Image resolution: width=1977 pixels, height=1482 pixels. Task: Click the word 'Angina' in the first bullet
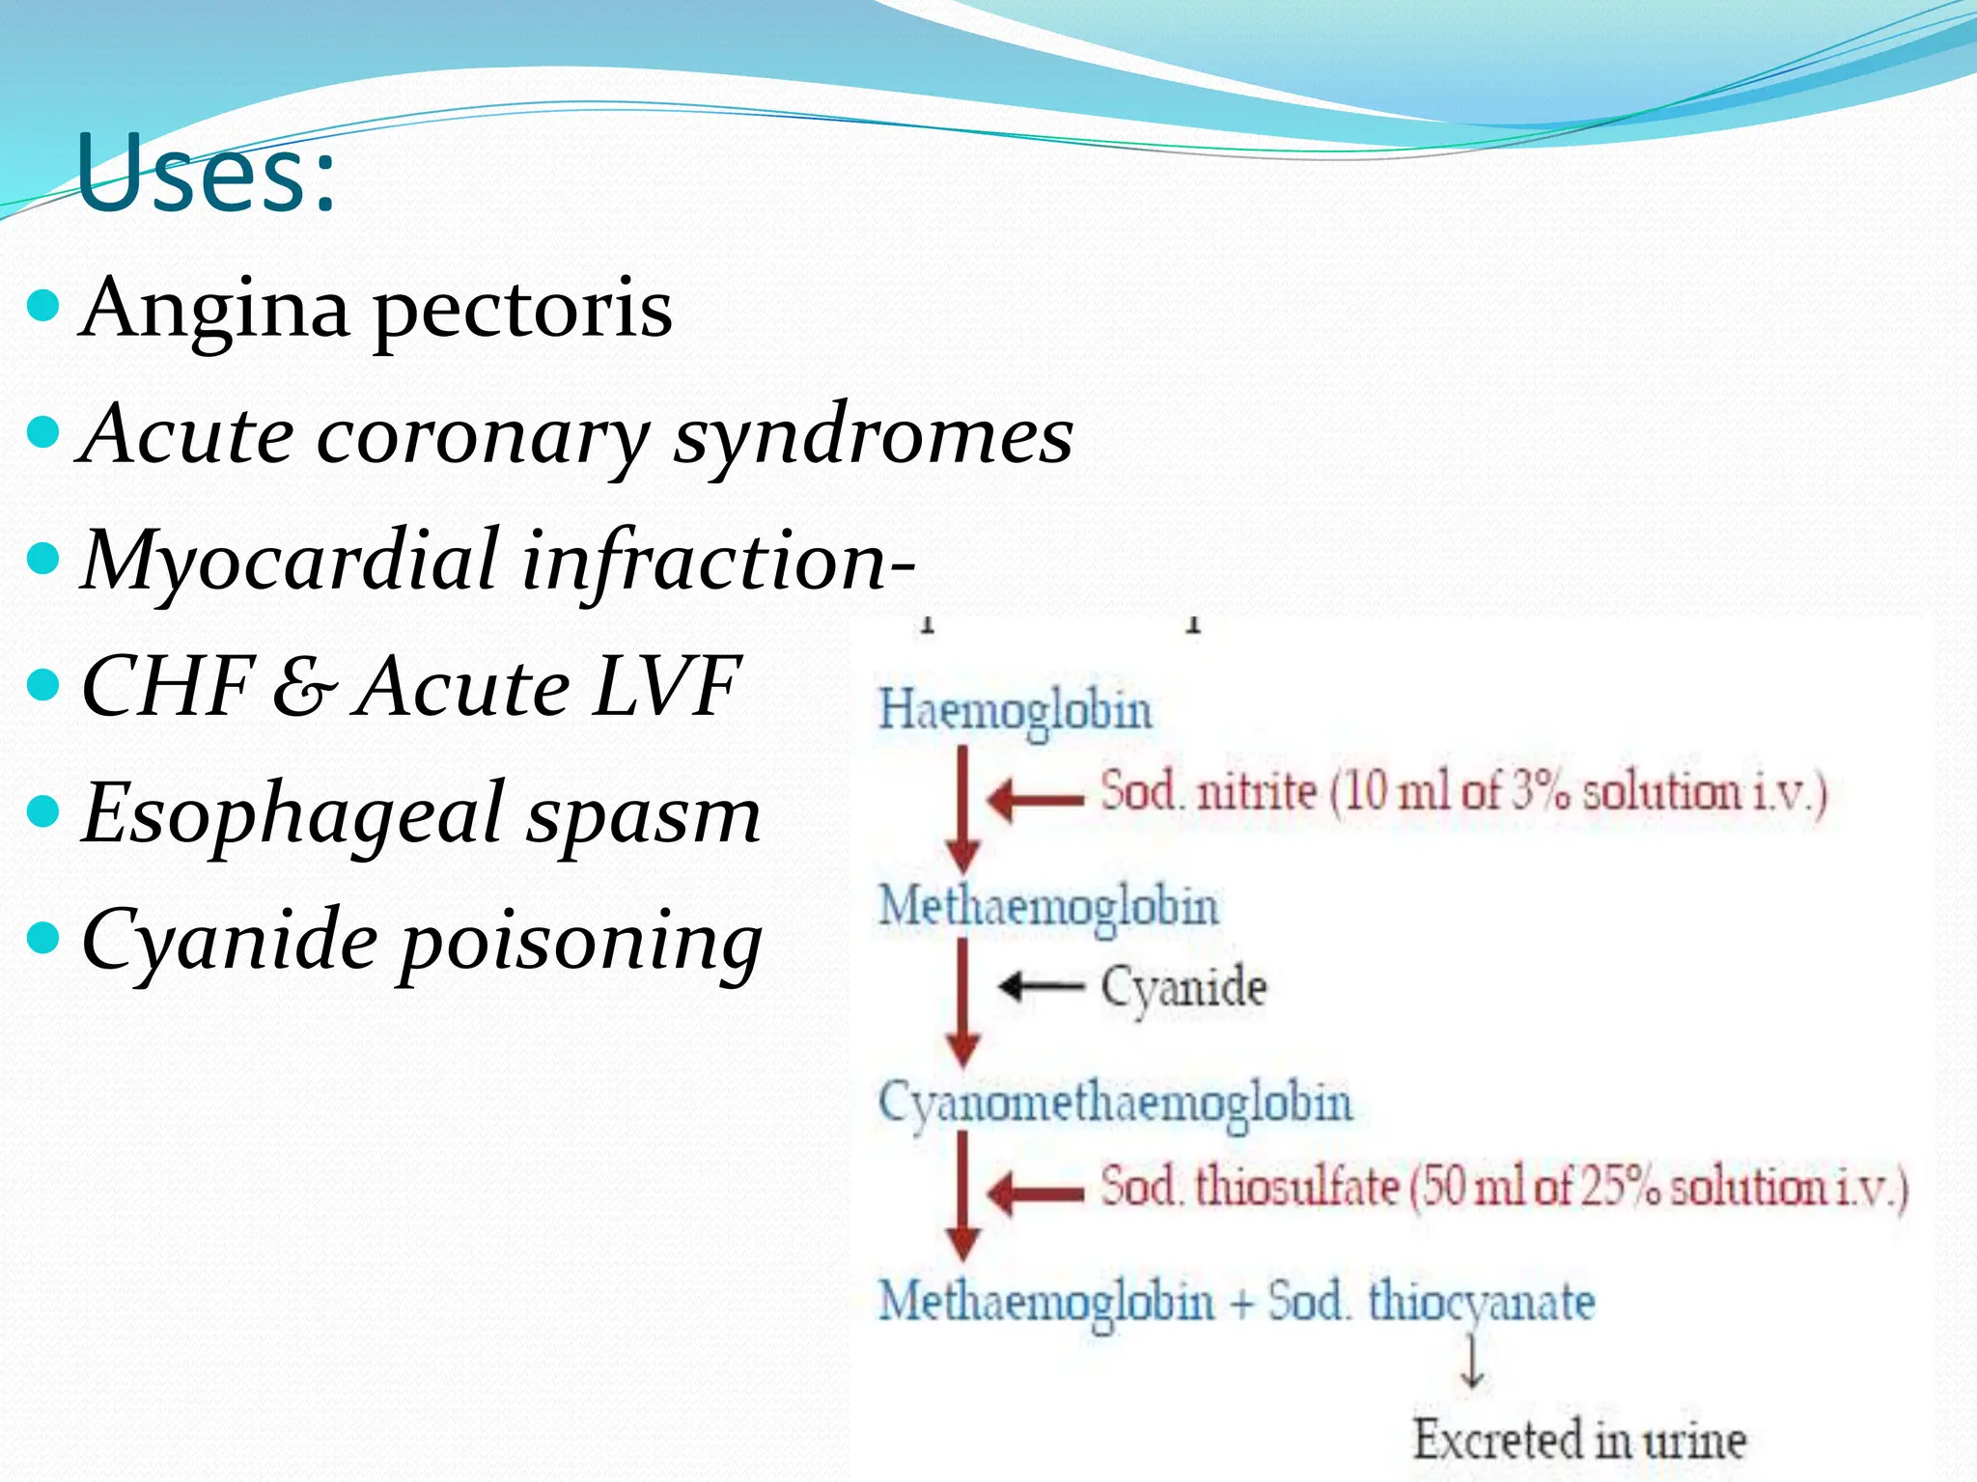pos(214,309)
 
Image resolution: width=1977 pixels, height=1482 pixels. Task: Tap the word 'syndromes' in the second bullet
pos(873,435)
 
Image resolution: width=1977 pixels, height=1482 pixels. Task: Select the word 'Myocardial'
pos(291,561)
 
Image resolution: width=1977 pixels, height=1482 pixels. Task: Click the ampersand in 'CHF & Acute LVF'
pos(305,687)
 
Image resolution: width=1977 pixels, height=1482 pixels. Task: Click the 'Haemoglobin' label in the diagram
pos(1015,712)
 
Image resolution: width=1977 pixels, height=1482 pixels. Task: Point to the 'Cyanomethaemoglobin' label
pos(1115,1103)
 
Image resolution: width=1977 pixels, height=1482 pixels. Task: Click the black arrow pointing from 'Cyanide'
pos(1041,986)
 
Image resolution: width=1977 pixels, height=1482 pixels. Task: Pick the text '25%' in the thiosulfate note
pos(1620,1187)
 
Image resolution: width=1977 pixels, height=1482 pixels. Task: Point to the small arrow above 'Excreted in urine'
pos(1472,1360)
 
